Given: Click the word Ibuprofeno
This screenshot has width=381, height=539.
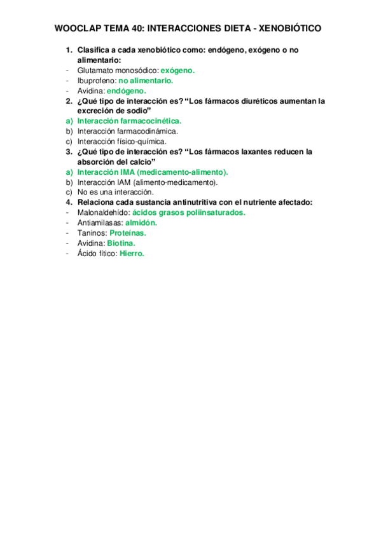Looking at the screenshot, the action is point(96,81).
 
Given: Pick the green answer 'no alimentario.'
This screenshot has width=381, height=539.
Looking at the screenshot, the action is point(146,81).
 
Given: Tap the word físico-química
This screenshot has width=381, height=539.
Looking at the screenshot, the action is point(143,141).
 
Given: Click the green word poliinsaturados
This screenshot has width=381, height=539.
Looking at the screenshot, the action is point(213,213).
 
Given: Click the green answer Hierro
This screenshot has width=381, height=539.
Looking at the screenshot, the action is point(132,254).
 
